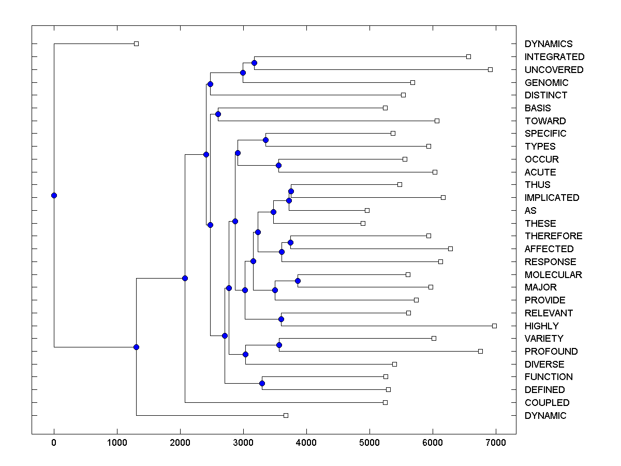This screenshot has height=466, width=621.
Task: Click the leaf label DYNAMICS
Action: [x=548, y=44]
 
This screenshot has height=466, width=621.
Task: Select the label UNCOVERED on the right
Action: [x=554, y=70]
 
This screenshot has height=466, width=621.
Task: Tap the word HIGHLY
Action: [x=541, y=326]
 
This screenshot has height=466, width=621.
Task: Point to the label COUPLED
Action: [x=546, y=403]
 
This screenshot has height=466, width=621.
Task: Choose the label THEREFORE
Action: [x=553, y=236]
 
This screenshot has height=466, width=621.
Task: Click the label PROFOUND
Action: [x=551, y=352]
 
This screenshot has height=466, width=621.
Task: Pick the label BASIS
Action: [x=537, y=108]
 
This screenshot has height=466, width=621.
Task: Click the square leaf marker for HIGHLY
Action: [x=494, y=326]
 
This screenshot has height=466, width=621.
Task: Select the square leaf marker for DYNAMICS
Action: [x=136, y=43]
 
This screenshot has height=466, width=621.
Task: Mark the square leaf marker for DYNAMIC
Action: [x=286, y=415]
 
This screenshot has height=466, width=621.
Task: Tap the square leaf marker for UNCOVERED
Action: [x=490, y=69]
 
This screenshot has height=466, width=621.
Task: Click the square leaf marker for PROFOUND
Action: [x=480, y=351]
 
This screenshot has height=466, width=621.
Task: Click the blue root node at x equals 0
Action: [x=54, y=195]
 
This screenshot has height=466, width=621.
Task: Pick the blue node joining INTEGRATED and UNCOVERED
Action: [x=254, y=63]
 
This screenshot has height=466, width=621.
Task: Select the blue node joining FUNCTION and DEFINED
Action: [x=262, y=383]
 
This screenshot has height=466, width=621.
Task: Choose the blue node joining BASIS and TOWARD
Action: [x=218, y=114]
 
